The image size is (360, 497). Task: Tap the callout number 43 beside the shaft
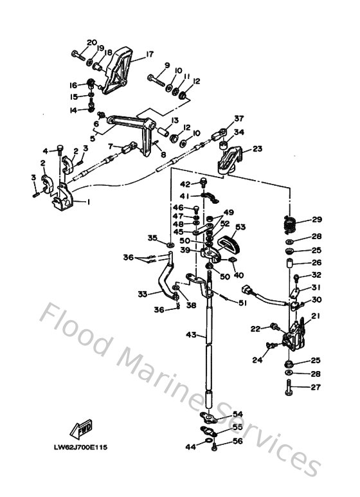click(190, 335)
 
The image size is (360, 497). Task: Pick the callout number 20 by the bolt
click(92, 42)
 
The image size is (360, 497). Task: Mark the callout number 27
click(316, 387)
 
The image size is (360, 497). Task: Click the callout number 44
click(190, 446)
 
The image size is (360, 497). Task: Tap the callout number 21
click(315, 316)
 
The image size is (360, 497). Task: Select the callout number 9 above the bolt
click(166, 66)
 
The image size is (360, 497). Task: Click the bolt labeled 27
click(289, 388)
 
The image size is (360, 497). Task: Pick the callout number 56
click(237, 442)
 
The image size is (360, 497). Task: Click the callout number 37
click(239, 118)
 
